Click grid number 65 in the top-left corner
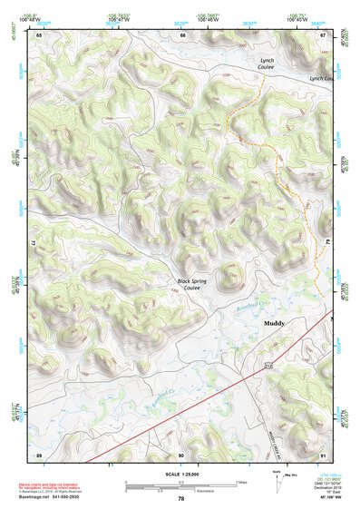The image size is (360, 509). [x=39, y=34]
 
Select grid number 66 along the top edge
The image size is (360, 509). [x=182, y=34]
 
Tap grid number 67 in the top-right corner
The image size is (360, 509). [x=324, y=34]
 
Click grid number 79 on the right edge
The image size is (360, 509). [x=326, y=243]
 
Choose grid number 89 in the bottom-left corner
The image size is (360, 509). [x=39, y=454]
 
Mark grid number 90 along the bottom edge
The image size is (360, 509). [x=181, y=454]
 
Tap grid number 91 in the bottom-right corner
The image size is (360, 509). [x=324, y=454]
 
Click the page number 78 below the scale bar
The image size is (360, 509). [x=181, y=498]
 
